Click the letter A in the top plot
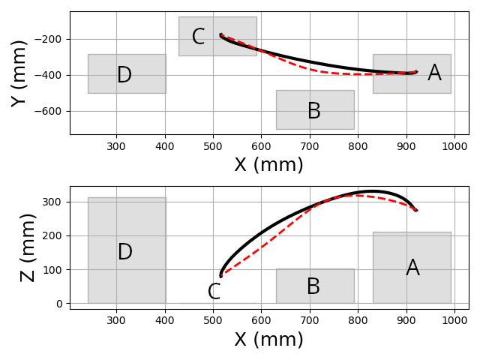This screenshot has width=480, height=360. (434, 73)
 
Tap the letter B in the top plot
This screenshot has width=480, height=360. (313, 112)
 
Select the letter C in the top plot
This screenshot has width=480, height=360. (198, 37)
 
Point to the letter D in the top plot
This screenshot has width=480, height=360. (124, 75)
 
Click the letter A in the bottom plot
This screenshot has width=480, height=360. (412, 268)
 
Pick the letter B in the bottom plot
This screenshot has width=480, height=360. (313, 287)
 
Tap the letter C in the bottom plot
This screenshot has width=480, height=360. (214, 292)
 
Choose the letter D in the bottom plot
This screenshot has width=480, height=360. (125, 253)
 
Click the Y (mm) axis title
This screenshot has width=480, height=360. (19, 73)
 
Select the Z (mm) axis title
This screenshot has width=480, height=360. (28, 247)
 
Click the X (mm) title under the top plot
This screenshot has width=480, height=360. (268, 165)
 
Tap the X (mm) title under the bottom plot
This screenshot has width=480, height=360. (268, 340)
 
